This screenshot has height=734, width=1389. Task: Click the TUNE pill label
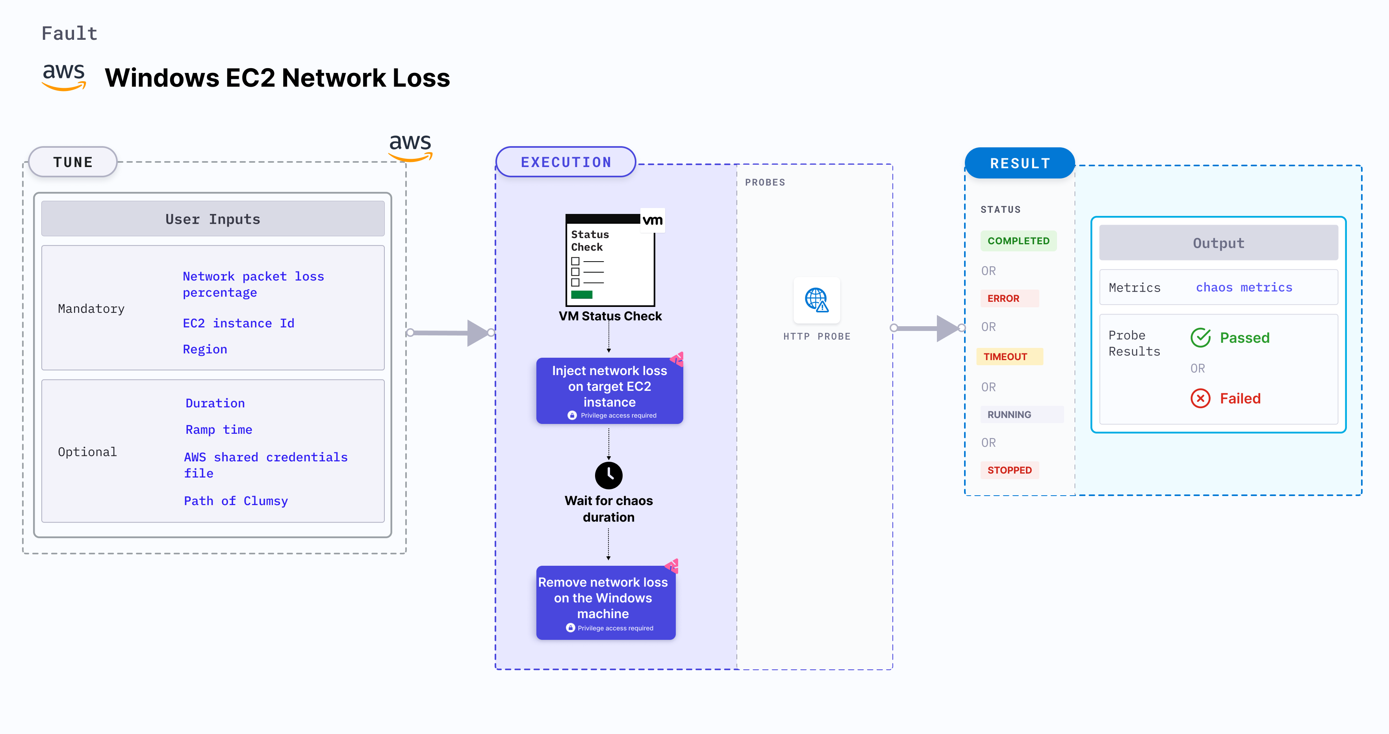click(x=73, y=162)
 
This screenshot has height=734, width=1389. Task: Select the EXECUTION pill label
click(x=566, y=162)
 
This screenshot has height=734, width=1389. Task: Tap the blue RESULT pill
click(x=1019, y=163)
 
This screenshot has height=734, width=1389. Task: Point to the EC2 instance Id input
click(x=238, y=323)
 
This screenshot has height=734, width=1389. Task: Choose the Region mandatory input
click(x=205, y=349)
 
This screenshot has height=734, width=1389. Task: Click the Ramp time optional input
click(x=219, y=429)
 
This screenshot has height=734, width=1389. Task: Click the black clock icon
click(x=608, y=475)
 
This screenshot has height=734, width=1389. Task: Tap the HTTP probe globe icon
click(x=816, y=300)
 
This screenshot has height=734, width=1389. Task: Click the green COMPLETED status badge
click(x=1018, y=241)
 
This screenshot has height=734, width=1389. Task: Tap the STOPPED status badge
click(x=1009, y=470)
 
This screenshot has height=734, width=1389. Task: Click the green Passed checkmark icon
click(x=1200, y=338)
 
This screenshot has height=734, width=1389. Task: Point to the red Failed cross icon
click(x=1200, y=399)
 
